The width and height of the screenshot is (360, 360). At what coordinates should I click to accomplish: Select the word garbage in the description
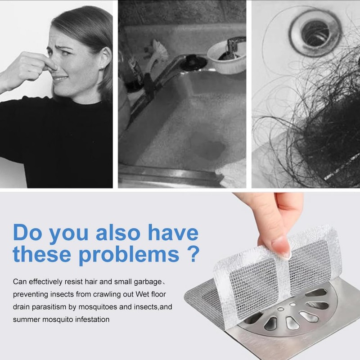[x=142, y=282]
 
